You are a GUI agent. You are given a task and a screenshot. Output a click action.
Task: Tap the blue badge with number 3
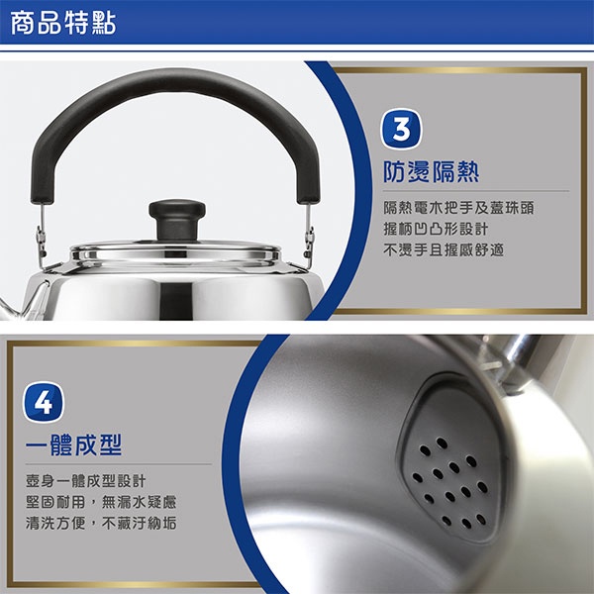[400, 132]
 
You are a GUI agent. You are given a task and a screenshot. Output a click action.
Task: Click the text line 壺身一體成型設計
[77, 480]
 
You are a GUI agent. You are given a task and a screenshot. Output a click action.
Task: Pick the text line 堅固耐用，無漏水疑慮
[101, 501]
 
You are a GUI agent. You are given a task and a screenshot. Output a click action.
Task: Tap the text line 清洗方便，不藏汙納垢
[101, 522]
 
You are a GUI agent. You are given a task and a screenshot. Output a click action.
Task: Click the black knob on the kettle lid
[177, 211]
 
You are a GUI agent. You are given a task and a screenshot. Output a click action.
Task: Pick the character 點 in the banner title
[103, 24]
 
